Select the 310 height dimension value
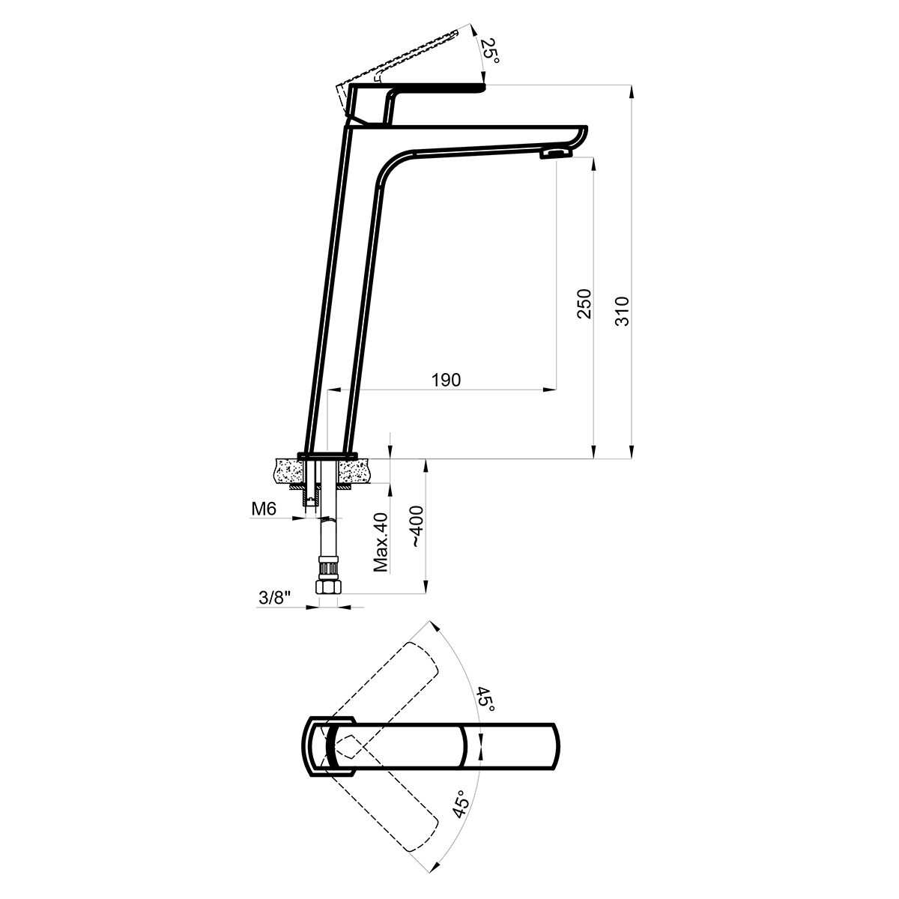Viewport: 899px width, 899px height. (x=622, y=311)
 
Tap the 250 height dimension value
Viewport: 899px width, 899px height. (x=584, y=303)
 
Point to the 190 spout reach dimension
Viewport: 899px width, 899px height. (x=446, y=381)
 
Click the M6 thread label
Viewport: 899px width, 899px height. (x=264, y=509)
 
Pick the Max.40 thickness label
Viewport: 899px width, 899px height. (x=381, y=542)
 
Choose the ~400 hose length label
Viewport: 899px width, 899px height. (x=416, y=526)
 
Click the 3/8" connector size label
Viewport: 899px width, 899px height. (x=275, y=598)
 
